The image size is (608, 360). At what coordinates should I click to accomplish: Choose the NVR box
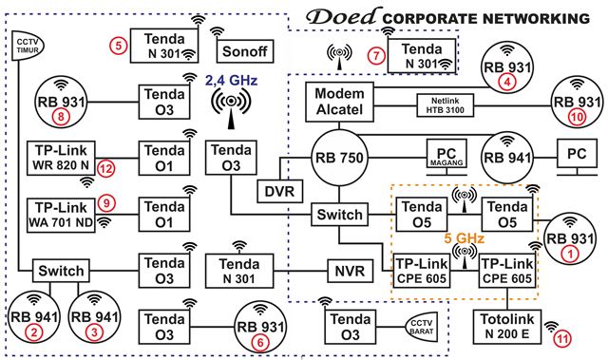tap(342, 268)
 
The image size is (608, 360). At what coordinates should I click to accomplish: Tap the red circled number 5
tap(119, 45)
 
